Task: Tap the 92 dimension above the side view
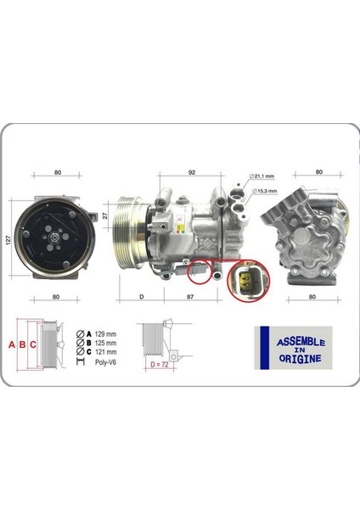pyautogui.click(x=194, y=173)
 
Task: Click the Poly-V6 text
pyautogui.click(x=98, y=361)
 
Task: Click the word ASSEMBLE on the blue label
pyautogui.click(x=301, y=342)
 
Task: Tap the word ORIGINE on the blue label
pyautogui.click(x=301, y=359)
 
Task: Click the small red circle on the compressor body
pyautogui.click(x=197, y=271)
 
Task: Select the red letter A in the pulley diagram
pyautogui.click(x=12, y=344)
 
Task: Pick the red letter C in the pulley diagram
pyautogui.click(x=33, y=344)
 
